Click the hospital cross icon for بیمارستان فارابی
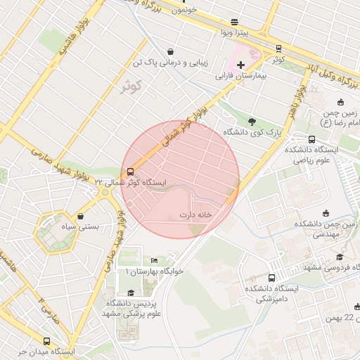pos(241,65)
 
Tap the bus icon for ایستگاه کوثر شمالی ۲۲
pos(130,172)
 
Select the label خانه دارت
pos(195,214)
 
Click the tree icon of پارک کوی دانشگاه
pos(252,121)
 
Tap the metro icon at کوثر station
pos(279,49)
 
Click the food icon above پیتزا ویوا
pos(234,22)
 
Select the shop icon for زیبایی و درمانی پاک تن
pos(171,51)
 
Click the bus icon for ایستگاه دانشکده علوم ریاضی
pos(312,139)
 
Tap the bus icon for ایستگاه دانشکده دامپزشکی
pos(272,278)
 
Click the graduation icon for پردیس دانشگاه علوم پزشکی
pos(130,292)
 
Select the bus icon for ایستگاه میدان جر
pos(47,340)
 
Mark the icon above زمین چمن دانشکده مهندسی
pos(325,213)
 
